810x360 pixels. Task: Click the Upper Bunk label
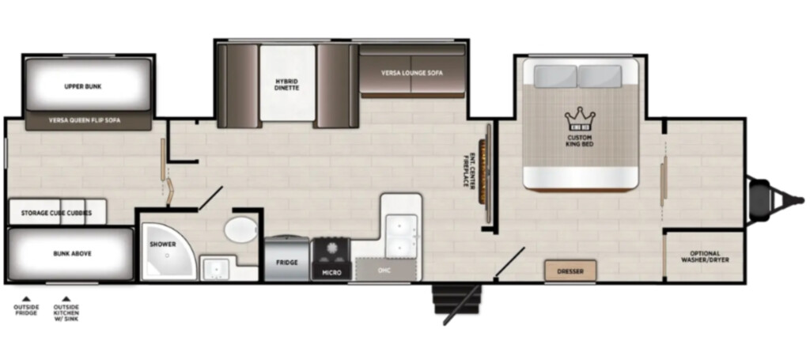[82, 87]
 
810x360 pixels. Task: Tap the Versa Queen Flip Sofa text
[85, 120]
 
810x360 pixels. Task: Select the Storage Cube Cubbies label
[56, 213]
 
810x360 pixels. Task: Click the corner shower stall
[166, 252]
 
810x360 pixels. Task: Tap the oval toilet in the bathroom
[240, 229]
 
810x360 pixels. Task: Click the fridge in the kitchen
[286, 259]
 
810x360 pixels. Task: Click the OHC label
[384, 270]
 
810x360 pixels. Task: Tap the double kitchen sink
[401, 236]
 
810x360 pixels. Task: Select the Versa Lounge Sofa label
[412, 73]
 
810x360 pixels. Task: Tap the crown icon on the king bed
[580, 119]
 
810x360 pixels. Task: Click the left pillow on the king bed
[556, 76]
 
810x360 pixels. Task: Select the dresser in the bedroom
[570, 271]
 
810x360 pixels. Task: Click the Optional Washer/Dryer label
[705, 256]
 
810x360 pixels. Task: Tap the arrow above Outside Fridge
[26, 298]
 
